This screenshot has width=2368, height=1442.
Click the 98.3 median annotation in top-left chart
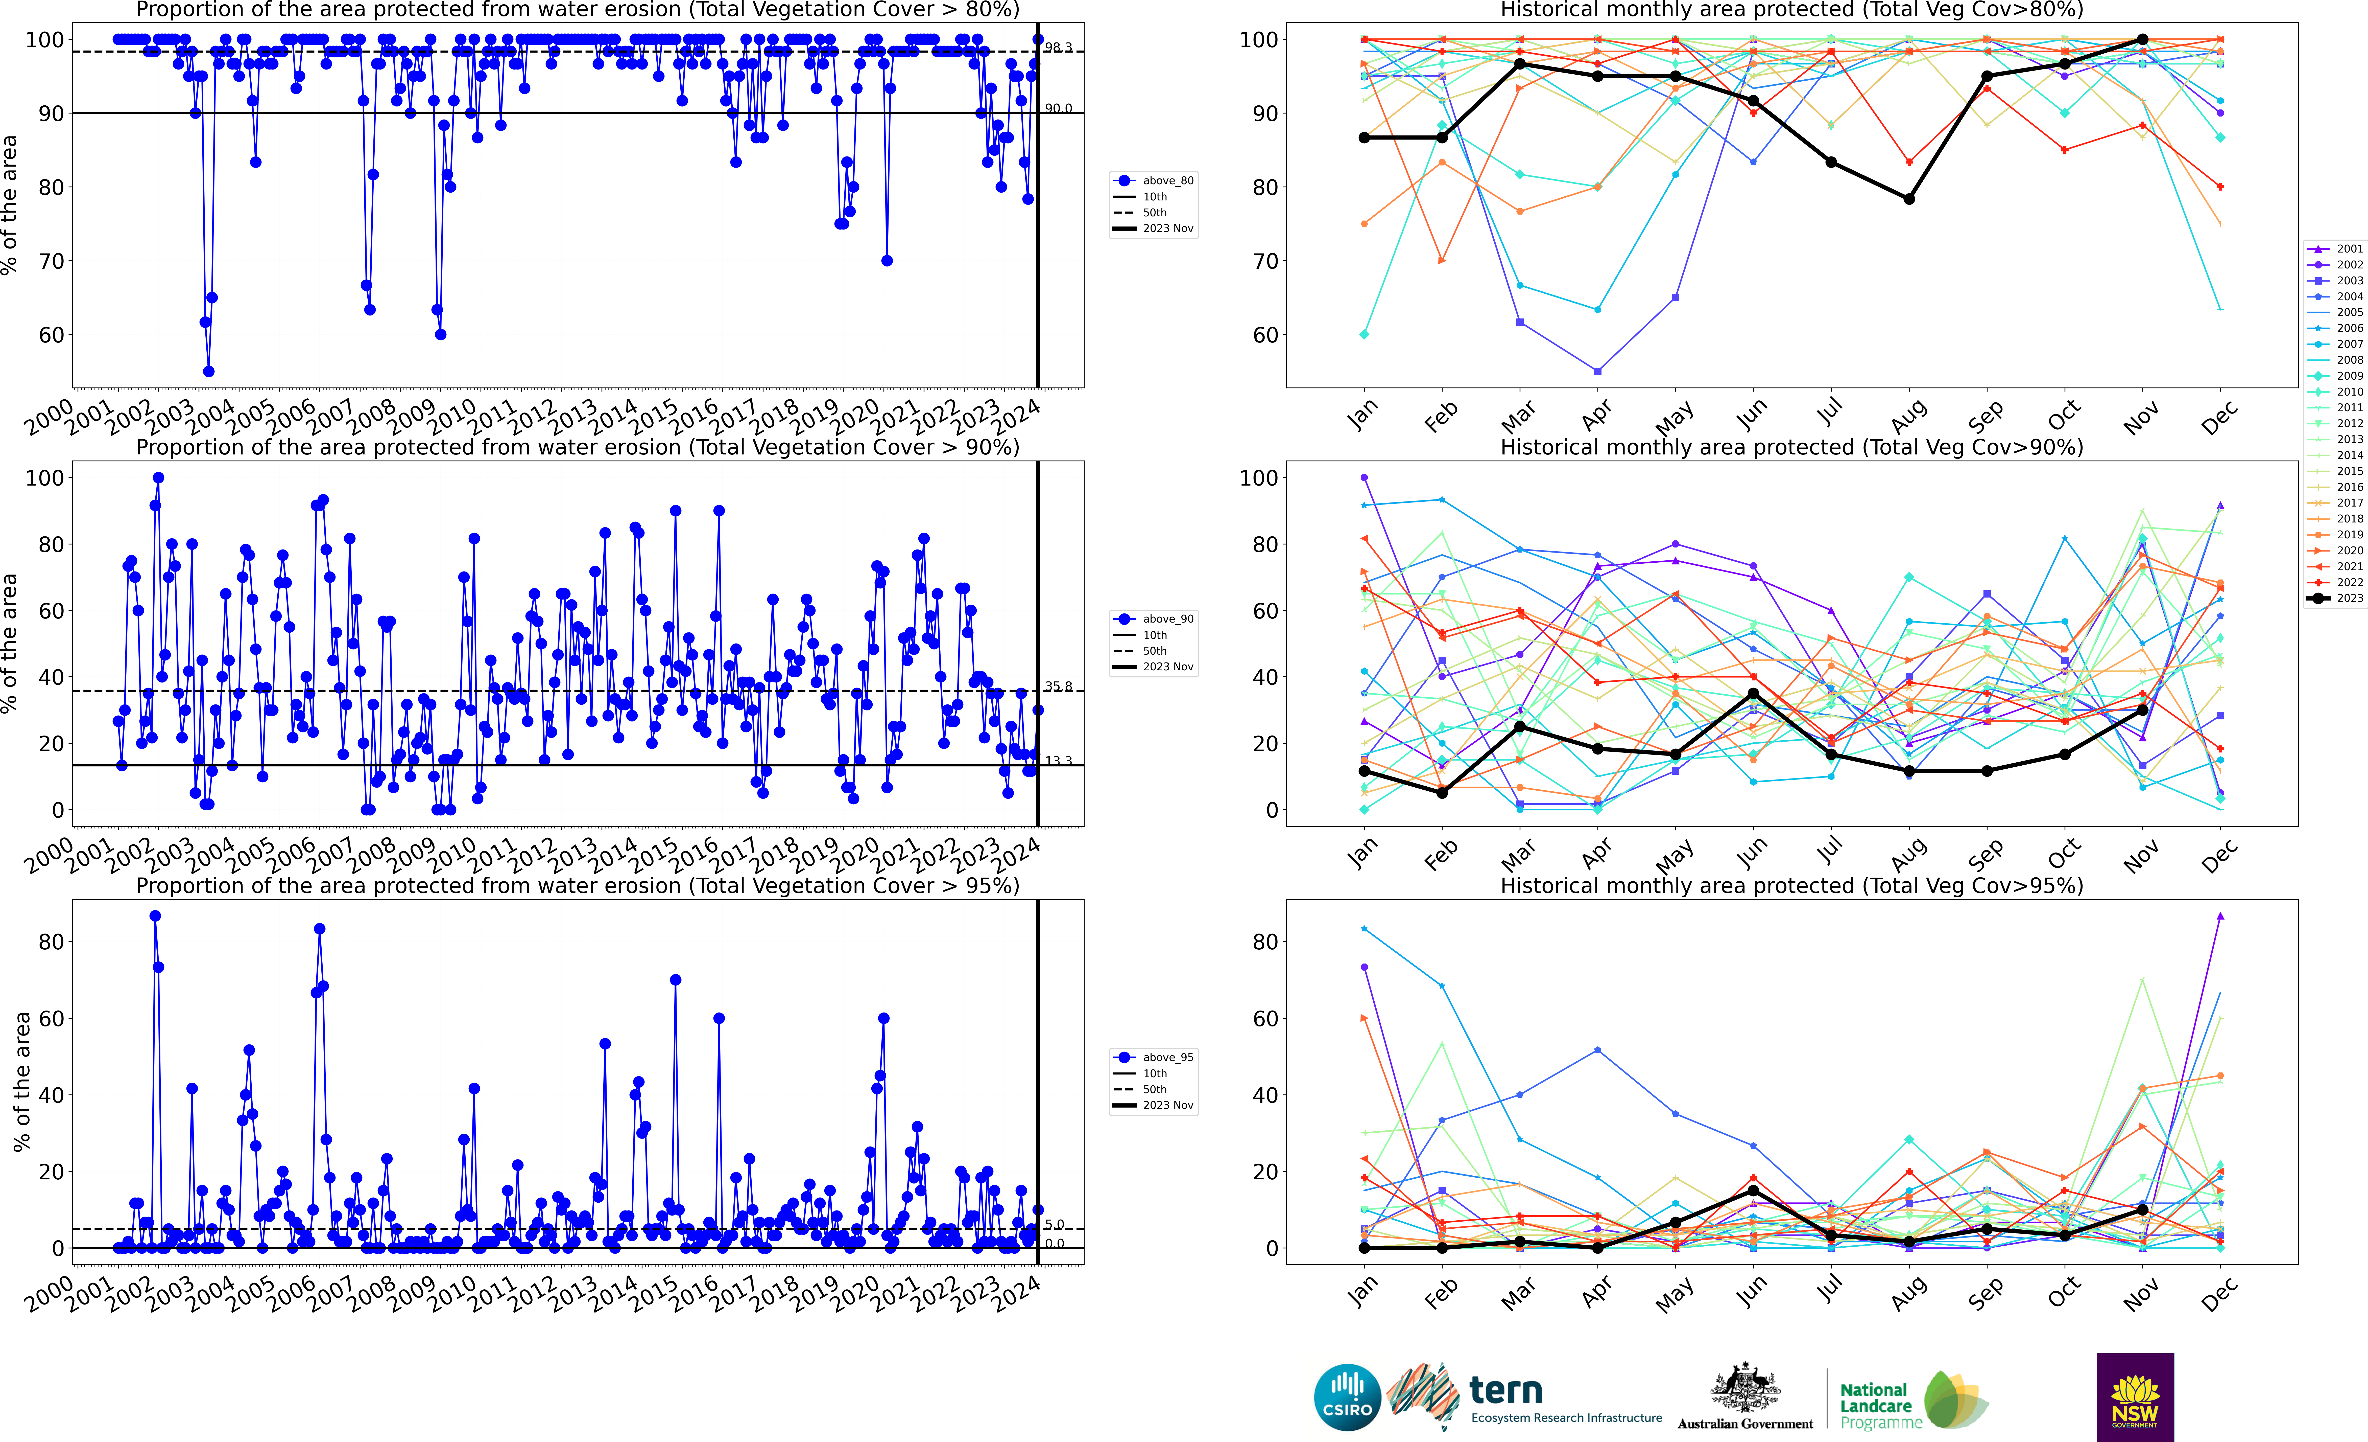tap(1058, 47)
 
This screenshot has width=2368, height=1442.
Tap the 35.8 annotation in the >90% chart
tap(1058, 686)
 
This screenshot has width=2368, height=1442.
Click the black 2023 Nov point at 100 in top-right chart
tap(2142, 39)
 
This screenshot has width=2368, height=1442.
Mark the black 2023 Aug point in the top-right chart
tap(1909, 199)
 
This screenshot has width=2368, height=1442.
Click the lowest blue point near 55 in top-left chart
tap(208, 371)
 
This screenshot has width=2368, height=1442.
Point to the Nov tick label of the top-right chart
tap(2142, 418)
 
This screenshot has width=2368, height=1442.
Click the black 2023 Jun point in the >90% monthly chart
tap(1753, 693)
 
